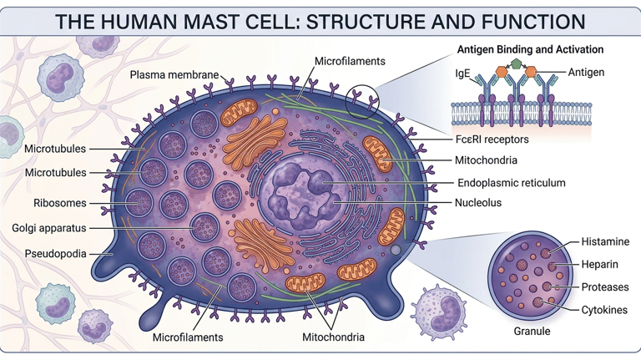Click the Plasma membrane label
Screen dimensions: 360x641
click(x=174, y=76)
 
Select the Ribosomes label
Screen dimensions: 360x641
click(x=59, y=203)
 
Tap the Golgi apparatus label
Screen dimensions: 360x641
click(x=49, y=228)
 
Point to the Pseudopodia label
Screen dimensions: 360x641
click(x=55, y=253)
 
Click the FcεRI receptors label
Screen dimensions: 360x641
click(x=492, y=139)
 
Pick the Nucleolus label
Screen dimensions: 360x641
click(x=477, y=203)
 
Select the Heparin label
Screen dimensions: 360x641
click(x=600, y=265)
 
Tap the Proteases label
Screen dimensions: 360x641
click(x=605, y=287)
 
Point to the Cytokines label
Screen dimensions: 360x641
click(x=604, y=310)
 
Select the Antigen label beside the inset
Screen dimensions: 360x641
click(x=586, y=73)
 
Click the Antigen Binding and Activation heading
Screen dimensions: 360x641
click(x=530, y=50)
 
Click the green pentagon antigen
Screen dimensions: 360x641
click(x=517, y=63)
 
